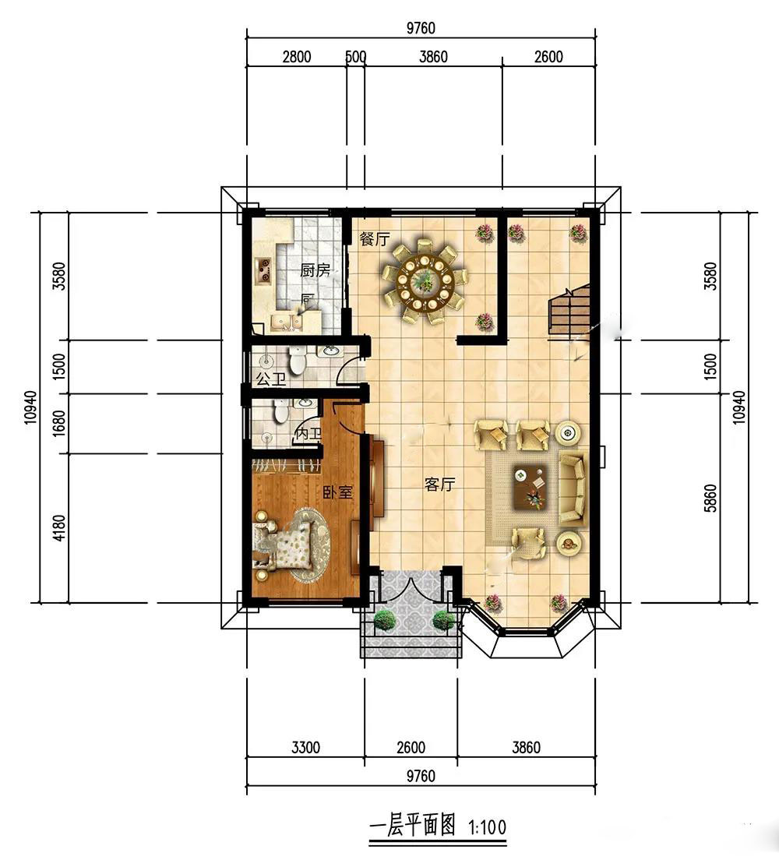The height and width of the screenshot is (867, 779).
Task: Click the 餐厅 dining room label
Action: tap(374, 239)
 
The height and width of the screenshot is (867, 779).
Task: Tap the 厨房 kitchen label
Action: tap(315, 270)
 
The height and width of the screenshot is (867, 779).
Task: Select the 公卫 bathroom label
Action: tap(271, 379)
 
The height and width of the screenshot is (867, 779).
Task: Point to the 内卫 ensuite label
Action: tap(308, 434)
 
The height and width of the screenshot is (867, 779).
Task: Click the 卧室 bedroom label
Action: tap(337, 492)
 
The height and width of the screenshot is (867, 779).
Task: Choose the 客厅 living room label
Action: tap(439, 485)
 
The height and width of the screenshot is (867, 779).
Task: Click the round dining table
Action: tap(425, 281)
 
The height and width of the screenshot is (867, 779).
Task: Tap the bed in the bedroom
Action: tap(283, 545)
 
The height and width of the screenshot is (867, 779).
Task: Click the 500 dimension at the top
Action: tap(355, 57)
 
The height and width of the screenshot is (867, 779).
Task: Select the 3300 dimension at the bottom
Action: tap(305, 748)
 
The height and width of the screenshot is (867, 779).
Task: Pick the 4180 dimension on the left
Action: tap(60, 528)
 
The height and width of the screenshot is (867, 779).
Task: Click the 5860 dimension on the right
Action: tap(711, 499)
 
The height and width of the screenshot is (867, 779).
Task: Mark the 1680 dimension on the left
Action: tap(60, 424)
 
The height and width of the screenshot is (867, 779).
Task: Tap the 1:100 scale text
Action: tap(487, 828)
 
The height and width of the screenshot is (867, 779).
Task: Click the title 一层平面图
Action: tap(412, 826)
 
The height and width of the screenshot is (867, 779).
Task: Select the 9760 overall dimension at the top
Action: tap(421, 27)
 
